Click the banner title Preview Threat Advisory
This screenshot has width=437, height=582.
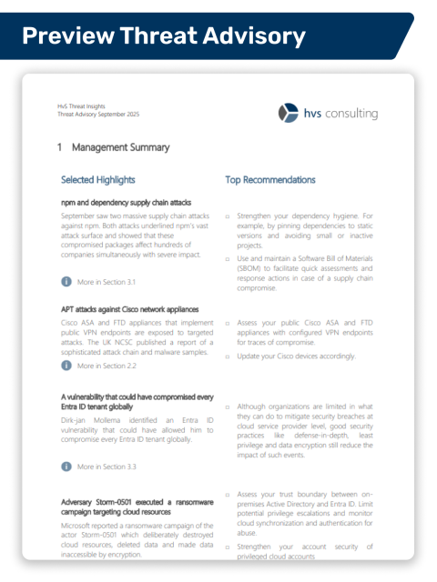163,35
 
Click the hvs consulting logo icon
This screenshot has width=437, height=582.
288,113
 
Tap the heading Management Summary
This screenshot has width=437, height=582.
120,147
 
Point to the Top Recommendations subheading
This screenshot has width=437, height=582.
270,180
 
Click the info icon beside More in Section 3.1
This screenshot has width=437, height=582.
66,283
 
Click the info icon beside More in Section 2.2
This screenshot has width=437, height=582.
66,366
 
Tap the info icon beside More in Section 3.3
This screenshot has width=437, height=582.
66,467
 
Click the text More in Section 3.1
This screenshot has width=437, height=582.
107,283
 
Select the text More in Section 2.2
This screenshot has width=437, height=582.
107,366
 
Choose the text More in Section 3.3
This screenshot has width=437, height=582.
107,467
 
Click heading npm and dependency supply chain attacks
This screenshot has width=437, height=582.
126,203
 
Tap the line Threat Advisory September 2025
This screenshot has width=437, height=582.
98,115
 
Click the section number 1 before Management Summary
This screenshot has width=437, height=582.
59,147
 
